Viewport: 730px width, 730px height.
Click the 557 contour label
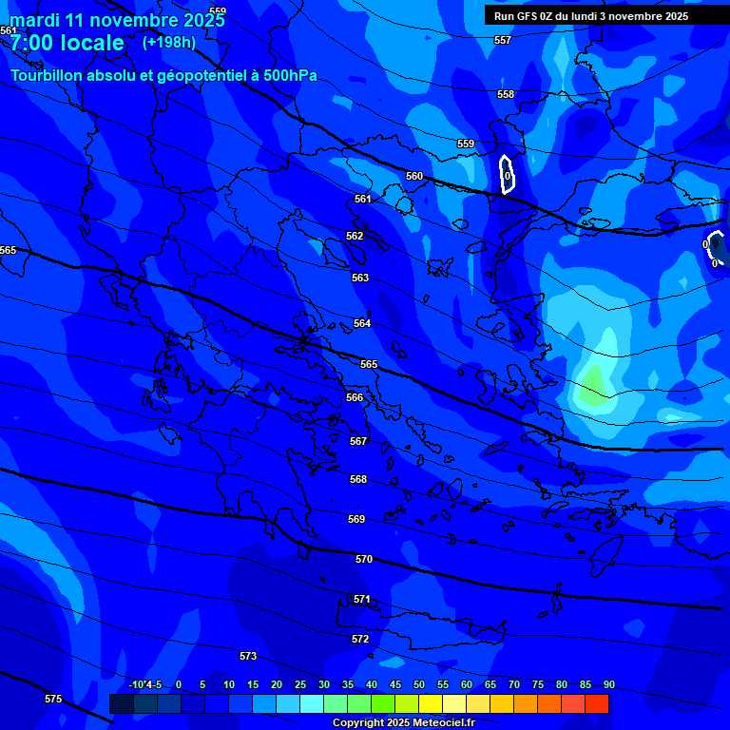click(503, 40)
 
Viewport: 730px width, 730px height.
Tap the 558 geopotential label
click(506, 94)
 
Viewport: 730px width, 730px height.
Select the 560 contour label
click(414, 176)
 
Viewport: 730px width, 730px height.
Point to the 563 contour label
click(360, 278)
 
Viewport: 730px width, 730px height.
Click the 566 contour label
click(355, 397)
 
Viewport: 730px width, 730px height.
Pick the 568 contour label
click(358, 479)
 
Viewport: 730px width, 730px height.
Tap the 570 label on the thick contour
click(364, 559)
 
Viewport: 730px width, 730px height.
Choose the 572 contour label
click(360, 639)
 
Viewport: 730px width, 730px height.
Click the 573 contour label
click(248, 656)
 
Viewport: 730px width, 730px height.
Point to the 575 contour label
click(53, 699)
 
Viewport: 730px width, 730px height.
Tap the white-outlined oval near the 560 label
click(508, 174)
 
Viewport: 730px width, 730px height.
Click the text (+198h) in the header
click(169, 42)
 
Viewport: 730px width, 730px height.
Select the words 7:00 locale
click(67, 43)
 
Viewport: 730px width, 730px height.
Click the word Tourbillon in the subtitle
click(48, 75)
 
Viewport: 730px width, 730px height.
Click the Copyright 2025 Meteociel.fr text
click(403, 722)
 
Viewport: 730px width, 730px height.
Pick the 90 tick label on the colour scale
click(608, 684)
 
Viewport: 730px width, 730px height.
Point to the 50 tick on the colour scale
click(419, 684)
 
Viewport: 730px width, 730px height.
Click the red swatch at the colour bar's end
click(596, 703)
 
